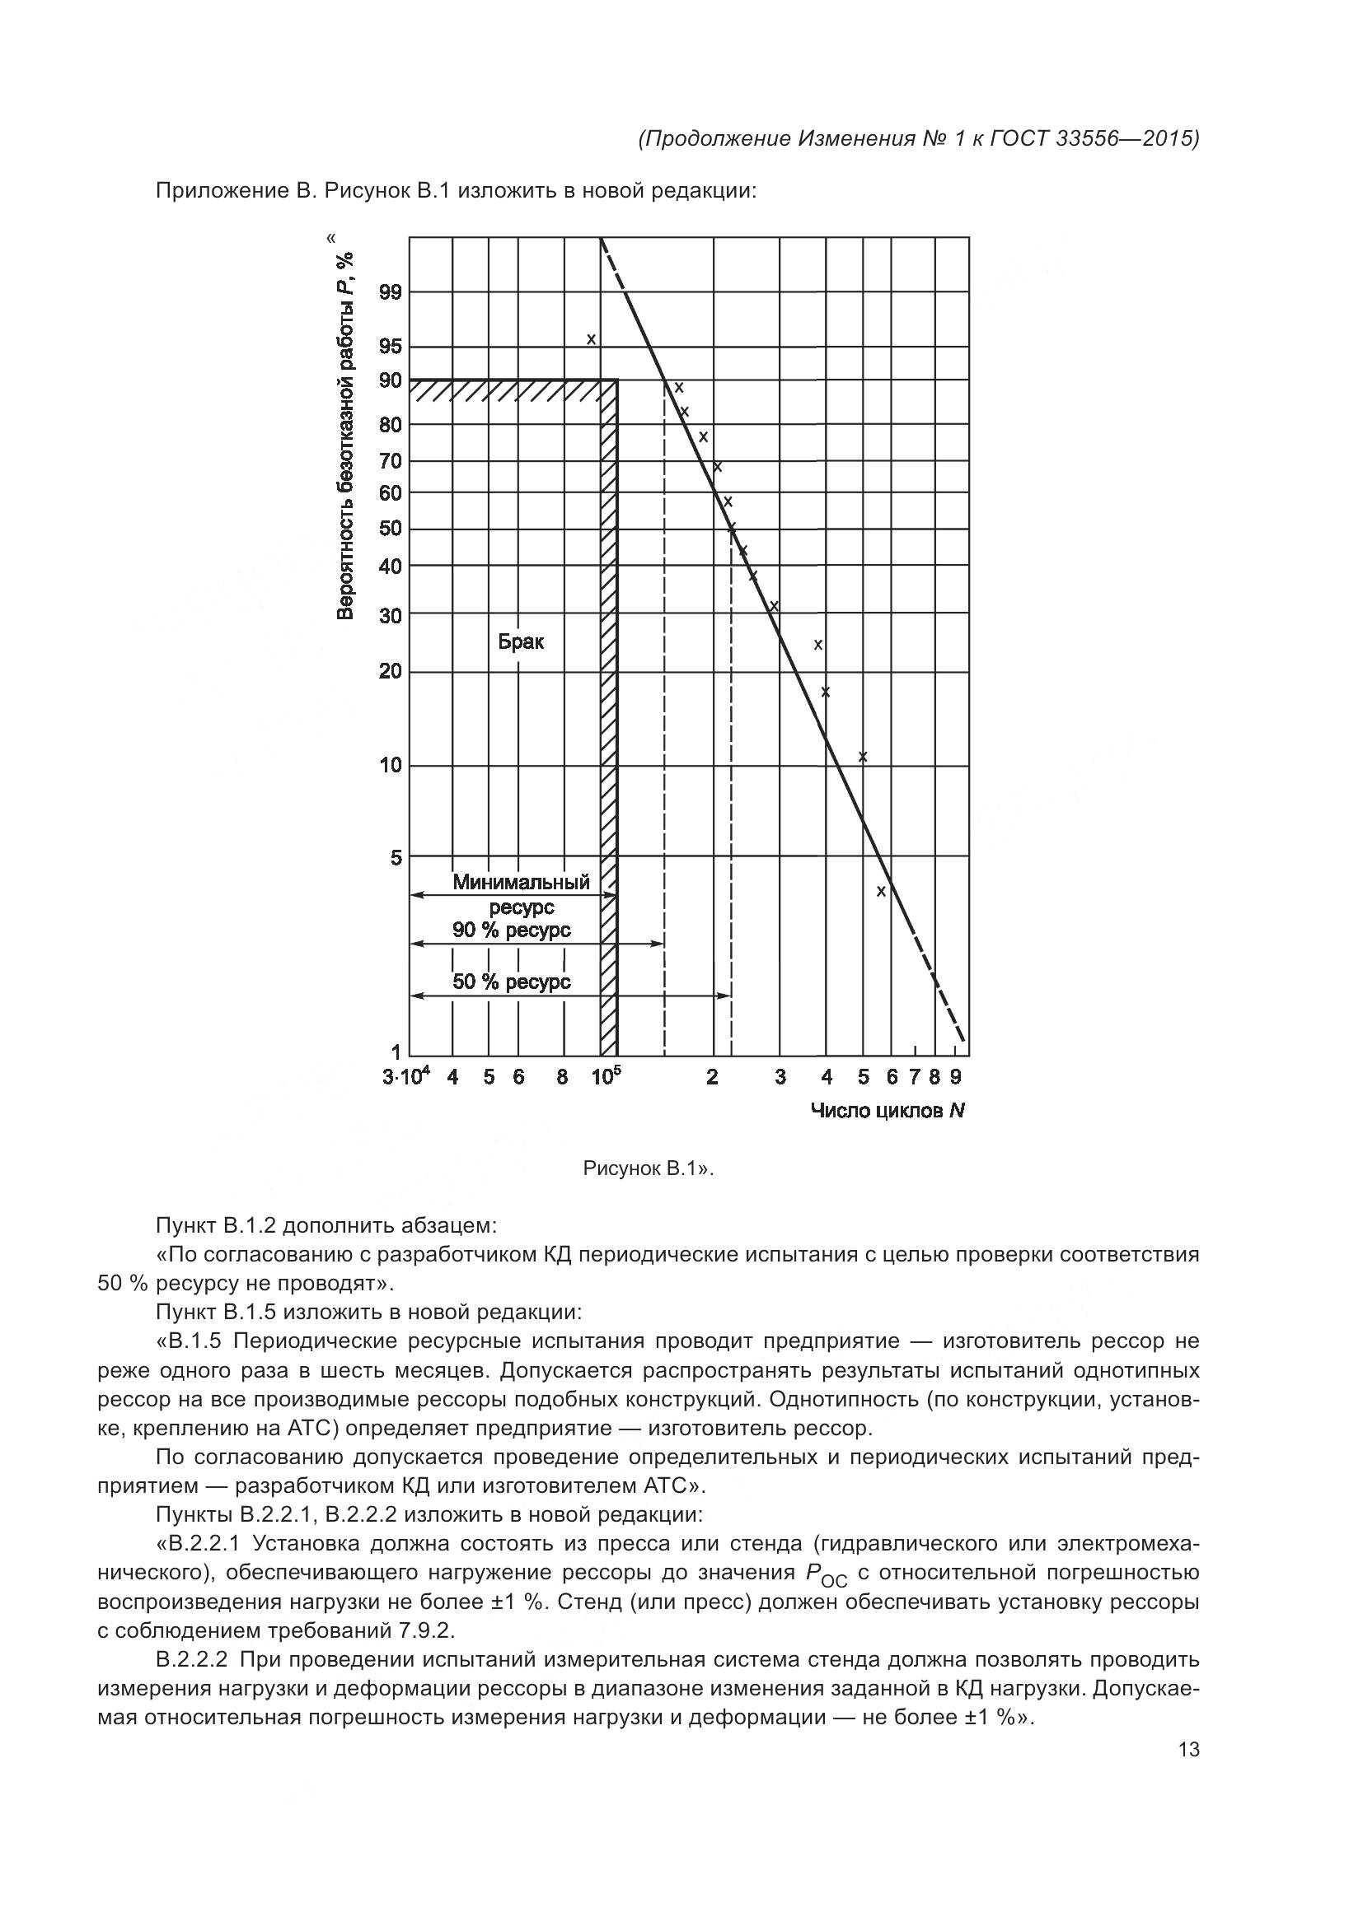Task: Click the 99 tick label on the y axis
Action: [391, 293]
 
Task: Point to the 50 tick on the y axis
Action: [391, 529]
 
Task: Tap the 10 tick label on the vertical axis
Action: [391, 766]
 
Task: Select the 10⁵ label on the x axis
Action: [605, 1076]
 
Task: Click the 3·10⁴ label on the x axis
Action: [406, 1076]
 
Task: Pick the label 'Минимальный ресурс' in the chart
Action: [521, 894]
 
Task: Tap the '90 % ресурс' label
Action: [511, 930]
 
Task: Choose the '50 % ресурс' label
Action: [511, 982]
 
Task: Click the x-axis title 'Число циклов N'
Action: [888, 1112]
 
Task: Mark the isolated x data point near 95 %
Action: [591, 340]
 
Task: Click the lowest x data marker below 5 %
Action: [880, 892]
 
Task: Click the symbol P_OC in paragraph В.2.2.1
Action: [825, 1574]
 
